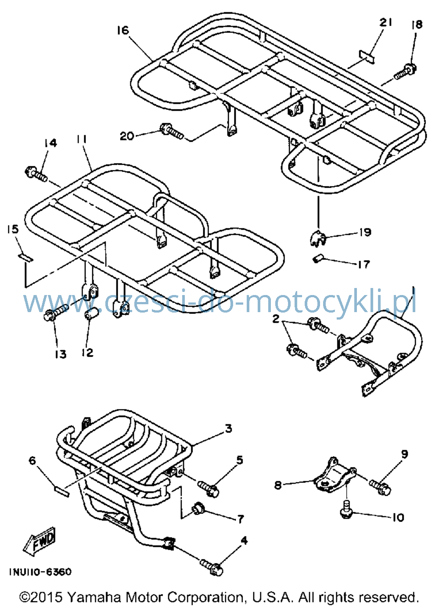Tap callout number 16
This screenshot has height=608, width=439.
(123, 30)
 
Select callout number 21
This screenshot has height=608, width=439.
(385, 23)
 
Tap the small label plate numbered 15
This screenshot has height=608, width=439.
(25, 257)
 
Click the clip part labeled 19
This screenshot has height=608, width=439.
(318, 238)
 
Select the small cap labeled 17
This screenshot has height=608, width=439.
(317, 259)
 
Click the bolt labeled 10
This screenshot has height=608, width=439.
(346, 509)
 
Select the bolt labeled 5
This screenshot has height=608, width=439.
(208, 489)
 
